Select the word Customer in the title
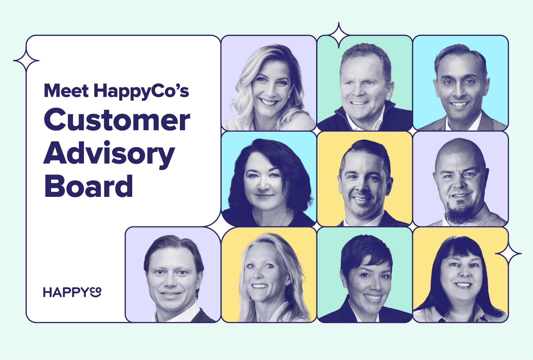click(x=117, y=120)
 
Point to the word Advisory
click(x=109, y=154)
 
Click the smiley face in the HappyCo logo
click(x=96, y=292)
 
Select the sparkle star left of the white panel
click(x=26, y=61)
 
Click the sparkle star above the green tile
click(x=339, y=35)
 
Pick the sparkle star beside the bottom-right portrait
click(x=508, y=254)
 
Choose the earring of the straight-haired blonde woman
click(x=287, y=283)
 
